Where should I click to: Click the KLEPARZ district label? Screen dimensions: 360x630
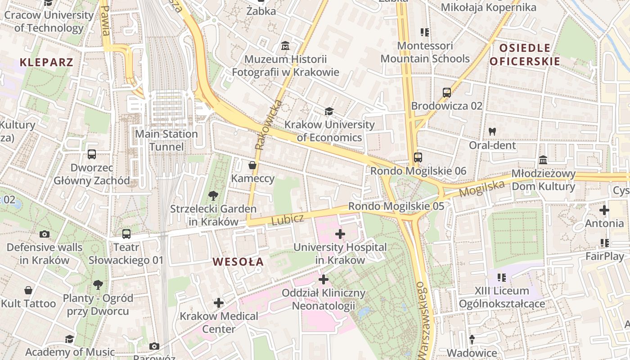click(46, 62)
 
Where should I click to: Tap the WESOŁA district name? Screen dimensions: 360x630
click(238, 261)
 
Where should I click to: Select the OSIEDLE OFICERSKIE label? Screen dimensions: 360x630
click(525, 54)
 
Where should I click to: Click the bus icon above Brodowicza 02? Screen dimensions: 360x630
click(446, 93)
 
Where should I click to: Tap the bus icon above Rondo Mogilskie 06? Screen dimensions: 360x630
click(418, 157)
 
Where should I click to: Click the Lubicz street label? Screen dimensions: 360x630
click(288, 219)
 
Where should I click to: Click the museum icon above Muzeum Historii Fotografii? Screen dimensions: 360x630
click(285, 46)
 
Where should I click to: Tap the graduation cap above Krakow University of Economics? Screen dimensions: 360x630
click(329, 111)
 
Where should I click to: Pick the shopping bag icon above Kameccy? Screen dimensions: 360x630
click(252, 165)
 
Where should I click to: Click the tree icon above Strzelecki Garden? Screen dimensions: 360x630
click(213, 195)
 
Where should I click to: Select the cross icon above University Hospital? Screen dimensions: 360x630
click(340, 234)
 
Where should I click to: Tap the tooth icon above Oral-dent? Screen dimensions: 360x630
click(492, 132)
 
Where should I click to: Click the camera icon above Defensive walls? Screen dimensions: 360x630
click(44, 234)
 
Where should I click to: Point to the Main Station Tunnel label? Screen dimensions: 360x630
click(166, 140)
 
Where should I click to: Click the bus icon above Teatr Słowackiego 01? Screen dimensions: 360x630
click(126, 234)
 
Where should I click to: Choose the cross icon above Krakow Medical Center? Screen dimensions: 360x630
click(219, 303)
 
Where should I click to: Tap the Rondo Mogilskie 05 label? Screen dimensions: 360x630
click(396, 206)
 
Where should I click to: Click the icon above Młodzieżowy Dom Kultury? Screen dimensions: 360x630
click(543, 161)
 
